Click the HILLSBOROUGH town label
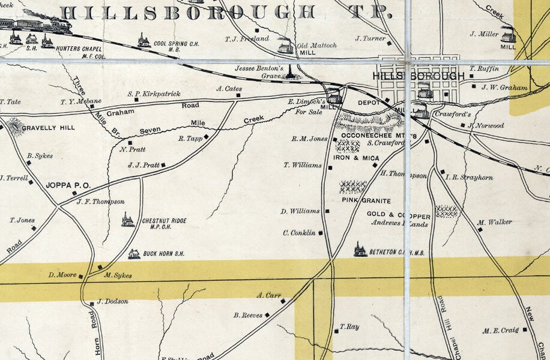tap(419, 76)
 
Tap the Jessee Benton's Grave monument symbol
tap(291, 73)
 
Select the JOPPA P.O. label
tap(68, 185)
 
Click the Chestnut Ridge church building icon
tap(127, 220)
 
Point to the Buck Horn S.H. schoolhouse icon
tap(134, 254)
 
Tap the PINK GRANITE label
tap(366, 200)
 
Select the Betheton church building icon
tap(360, 250)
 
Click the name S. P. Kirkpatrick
tap(154, 94)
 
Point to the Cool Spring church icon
tap(144, 40)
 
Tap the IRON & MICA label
tap(356, 158)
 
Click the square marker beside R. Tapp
tap(206, 137)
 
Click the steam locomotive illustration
tap(61, 25)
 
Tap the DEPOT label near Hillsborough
tap(367, 103)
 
